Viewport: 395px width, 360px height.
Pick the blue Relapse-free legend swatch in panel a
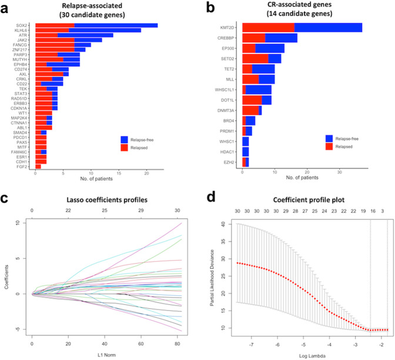[125, 139]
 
